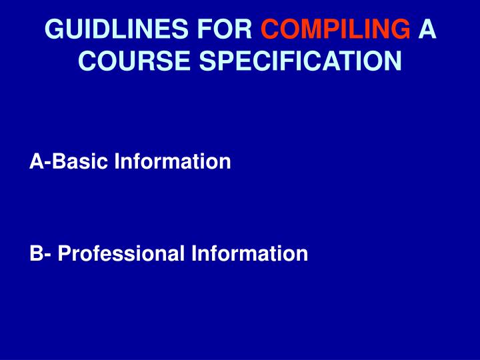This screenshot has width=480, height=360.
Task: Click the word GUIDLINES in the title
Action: click(110, 30)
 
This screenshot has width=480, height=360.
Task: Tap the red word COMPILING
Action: click(335, 30)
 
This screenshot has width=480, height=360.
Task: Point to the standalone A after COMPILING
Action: click(427, 30)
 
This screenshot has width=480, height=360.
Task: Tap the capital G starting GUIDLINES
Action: click(53, 30)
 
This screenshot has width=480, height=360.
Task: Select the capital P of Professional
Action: click(64, 253)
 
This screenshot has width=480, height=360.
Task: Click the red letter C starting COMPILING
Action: click(269, 30)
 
